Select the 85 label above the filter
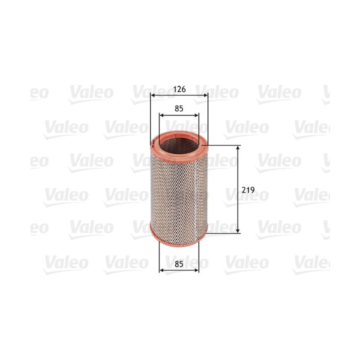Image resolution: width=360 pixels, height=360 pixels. point(179,107)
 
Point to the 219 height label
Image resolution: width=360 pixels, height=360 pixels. point(248,190)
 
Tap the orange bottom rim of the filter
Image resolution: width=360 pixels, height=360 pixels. point(178,241)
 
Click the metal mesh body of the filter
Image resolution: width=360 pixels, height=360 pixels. point(178,195)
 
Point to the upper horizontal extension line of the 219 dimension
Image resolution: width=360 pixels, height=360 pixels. point(225,145)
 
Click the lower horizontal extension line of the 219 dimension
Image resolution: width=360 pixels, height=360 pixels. point(225,232)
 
